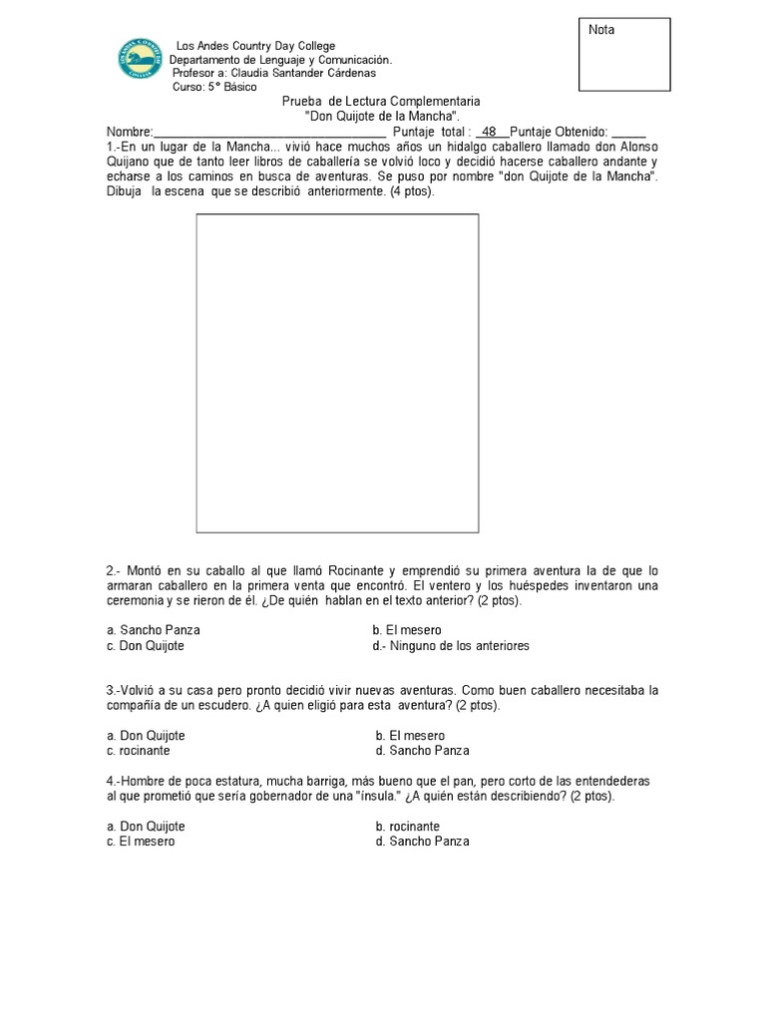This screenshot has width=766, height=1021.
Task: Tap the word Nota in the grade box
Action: click(601, 30)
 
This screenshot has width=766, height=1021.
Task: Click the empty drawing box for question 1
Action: click(337, 372)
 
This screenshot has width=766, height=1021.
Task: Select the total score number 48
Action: click(489, 132)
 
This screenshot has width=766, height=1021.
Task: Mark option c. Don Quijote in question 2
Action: click(146, 646)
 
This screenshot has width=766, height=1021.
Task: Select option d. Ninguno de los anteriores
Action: click(450, 646)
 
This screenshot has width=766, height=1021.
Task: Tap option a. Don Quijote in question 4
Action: click(146, 827)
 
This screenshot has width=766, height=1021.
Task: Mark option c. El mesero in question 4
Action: click(140, 842)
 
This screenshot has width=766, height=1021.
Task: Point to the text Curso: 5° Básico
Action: click(213, 87)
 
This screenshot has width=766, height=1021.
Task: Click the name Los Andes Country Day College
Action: click(255, 47)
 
